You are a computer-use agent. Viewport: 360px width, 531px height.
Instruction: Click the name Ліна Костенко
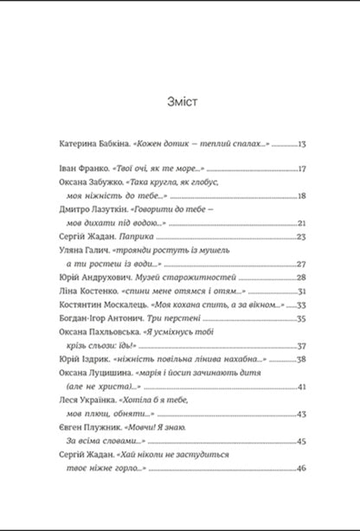85,291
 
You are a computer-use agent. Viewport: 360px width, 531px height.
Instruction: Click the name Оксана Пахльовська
97,333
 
